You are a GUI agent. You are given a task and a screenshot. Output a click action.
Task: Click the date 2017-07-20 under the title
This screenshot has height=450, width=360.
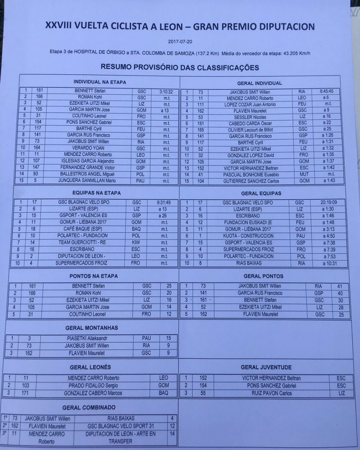pos(180,42)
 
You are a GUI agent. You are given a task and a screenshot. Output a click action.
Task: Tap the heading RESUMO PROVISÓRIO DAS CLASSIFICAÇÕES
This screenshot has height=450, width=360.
pos(180,67)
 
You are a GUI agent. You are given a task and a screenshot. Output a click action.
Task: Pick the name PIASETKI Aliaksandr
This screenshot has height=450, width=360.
pos(91,338)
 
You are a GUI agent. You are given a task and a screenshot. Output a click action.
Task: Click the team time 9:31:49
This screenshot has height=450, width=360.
pos(165,203)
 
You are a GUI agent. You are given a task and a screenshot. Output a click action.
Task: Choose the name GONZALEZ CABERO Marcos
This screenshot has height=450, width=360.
pos(93,393)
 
